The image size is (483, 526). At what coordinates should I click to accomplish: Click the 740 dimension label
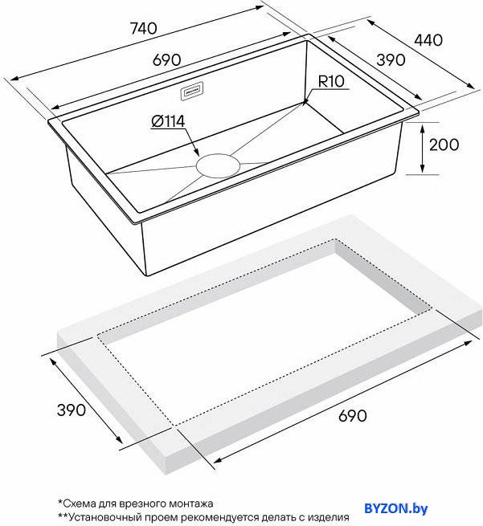(x=143, y=29)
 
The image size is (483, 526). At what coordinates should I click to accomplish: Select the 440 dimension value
(x=428, y=40)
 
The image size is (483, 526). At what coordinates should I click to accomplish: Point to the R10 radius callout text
(x=331, y=82)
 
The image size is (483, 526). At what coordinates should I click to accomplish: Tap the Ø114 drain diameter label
(x=168, y=121)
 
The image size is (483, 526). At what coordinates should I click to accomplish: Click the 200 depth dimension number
(x=444, y=145)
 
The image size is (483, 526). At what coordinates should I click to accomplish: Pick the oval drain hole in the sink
(x=219, y=165)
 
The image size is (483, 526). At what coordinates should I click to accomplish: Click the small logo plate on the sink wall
(x=191, y=92)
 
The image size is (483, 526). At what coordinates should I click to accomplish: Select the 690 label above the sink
(x=167, y=60)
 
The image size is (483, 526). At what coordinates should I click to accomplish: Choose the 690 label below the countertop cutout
(x=353, y=416)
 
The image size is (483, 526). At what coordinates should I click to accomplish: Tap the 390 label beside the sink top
(x=391, y=60)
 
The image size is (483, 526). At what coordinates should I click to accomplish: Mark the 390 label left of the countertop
(x=72, y=410)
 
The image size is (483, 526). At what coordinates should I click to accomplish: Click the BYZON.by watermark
(x=396, y=508)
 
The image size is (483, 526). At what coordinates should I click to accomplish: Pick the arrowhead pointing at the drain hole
(x=197, y=153)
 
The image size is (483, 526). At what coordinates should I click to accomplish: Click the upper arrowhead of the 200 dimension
(x=423, y=127)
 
